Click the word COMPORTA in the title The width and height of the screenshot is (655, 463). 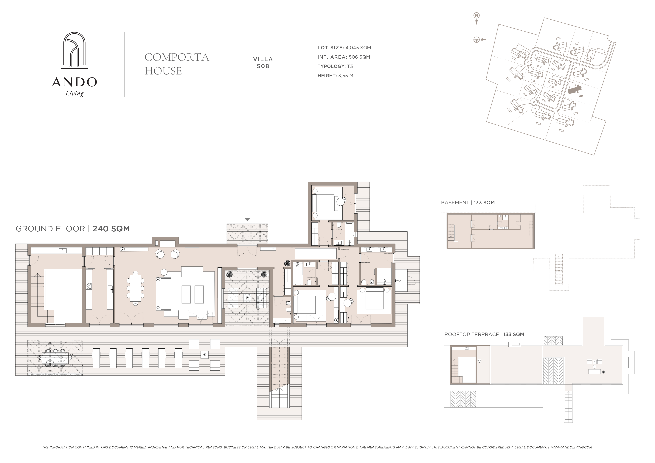pos(177,57)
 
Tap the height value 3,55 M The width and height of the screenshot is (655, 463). pos(346,76)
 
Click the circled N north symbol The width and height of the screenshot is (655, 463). pos(476,15)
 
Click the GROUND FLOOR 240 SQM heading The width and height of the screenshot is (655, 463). pos(73,229)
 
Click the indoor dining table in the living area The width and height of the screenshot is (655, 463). pos(135,288)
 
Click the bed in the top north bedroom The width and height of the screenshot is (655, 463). pos(325,203)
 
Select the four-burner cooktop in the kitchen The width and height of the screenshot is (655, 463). pos(89,286)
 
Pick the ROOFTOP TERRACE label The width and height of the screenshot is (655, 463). pos(472,334)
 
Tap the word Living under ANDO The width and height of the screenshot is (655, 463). pos(74,93)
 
